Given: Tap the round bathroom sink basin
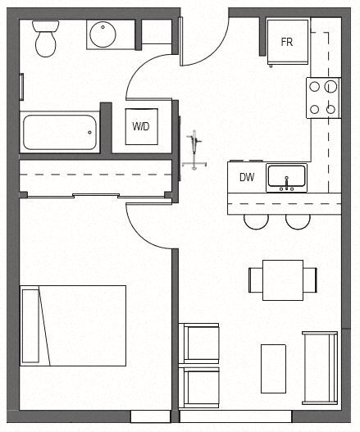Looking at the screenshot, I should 105,35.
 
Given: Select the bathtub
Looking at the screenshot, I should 59,131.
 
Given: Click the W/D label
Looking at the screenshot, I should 140,127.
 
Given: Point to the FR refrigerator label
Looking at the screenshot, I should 287,42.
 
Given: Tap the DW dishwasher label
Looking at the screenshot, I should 246,177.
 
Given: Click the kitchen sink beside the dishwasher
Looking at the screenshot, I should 286,177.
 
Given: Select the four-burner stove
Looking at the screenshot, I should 322,97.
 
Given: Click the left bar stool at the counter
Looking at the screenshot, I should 255,220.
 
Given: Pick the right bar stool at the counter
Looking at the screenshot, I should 298,220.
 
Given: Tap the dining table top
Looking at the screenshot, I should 281,278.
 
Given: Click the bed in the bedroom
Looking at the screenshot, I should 74,325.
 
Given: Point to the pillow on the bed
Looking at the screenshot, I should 30,325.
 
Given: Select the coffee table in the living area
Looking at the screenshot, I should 273,368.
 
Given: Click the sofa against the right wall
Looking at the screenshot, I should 319,367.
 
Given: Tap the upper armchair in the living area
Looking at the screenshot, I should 200,343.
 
